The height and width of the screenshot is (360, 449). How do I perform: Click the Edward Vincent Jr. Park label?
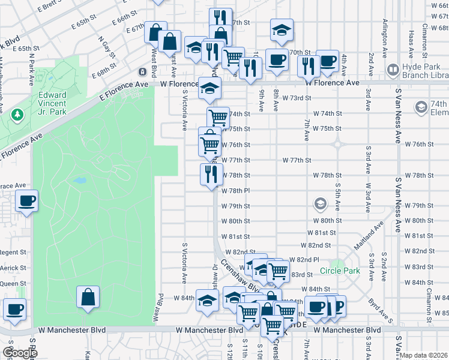tap(62, 102)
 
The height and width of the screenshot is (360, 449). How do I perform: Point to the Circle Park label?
tap(340, 271)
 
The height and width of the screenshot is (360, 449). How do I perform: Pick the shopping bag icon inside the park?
tap(88, 296)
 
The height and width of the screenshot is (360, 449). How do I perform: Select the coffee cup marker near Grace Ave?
tap(27, 201)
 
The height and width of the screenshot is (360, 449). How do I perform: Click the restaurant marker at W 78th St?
tap(211, 175)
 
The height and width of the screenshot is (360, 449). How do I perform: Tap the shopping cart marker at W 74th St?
tap(218, 117)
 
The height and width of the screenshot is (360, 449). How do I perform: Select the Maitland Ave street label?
tap(376, 235)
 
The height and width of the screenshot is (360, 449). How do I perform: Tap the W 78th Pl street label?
tap(235, 191)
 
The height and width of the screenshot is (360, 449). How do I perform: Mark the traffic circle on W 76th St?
tap(337, 144)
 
